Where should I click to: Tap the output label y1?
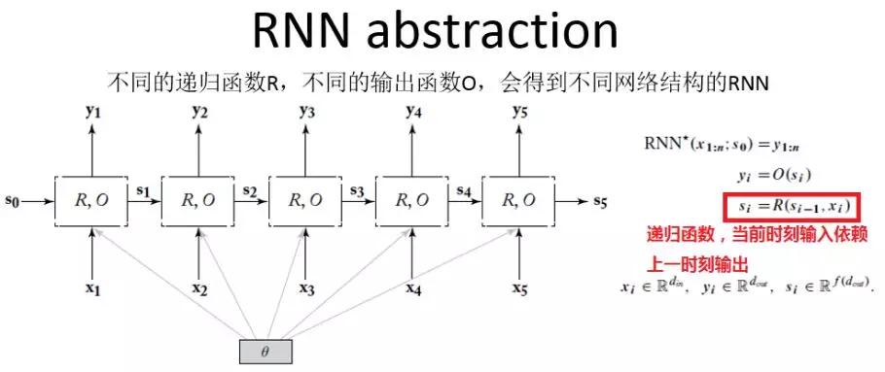coord(92,112)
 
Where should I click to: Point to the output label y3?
coord(306,112)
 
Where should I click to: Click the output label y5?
coord(520,112)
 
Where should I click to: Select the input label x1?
coord(92,288)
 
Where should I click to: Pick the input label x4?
coord(413,288)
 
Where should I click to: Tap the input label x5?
coord(520,288)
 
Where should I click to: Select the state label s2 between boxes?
coord(251,192)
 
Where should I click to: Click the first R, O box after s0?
coord(92,202)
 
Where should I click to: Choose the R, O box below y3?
coord(306,202)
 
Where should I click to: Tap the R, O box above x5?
coord(520,202)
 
